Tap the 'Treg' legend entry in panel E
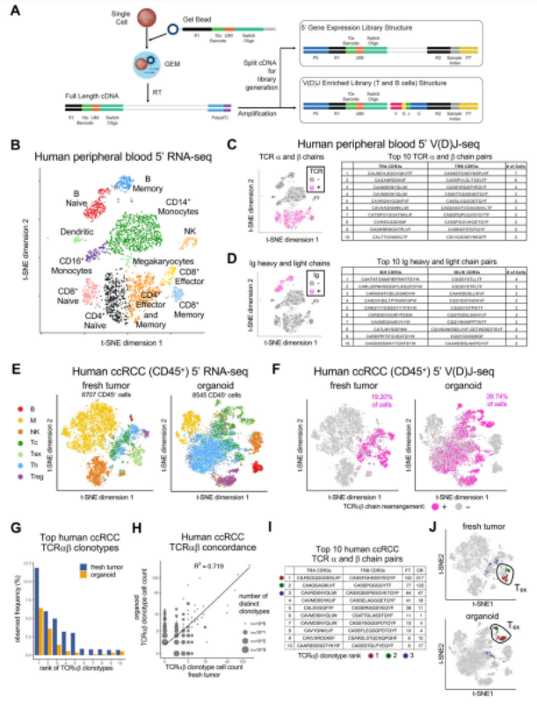33,475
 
